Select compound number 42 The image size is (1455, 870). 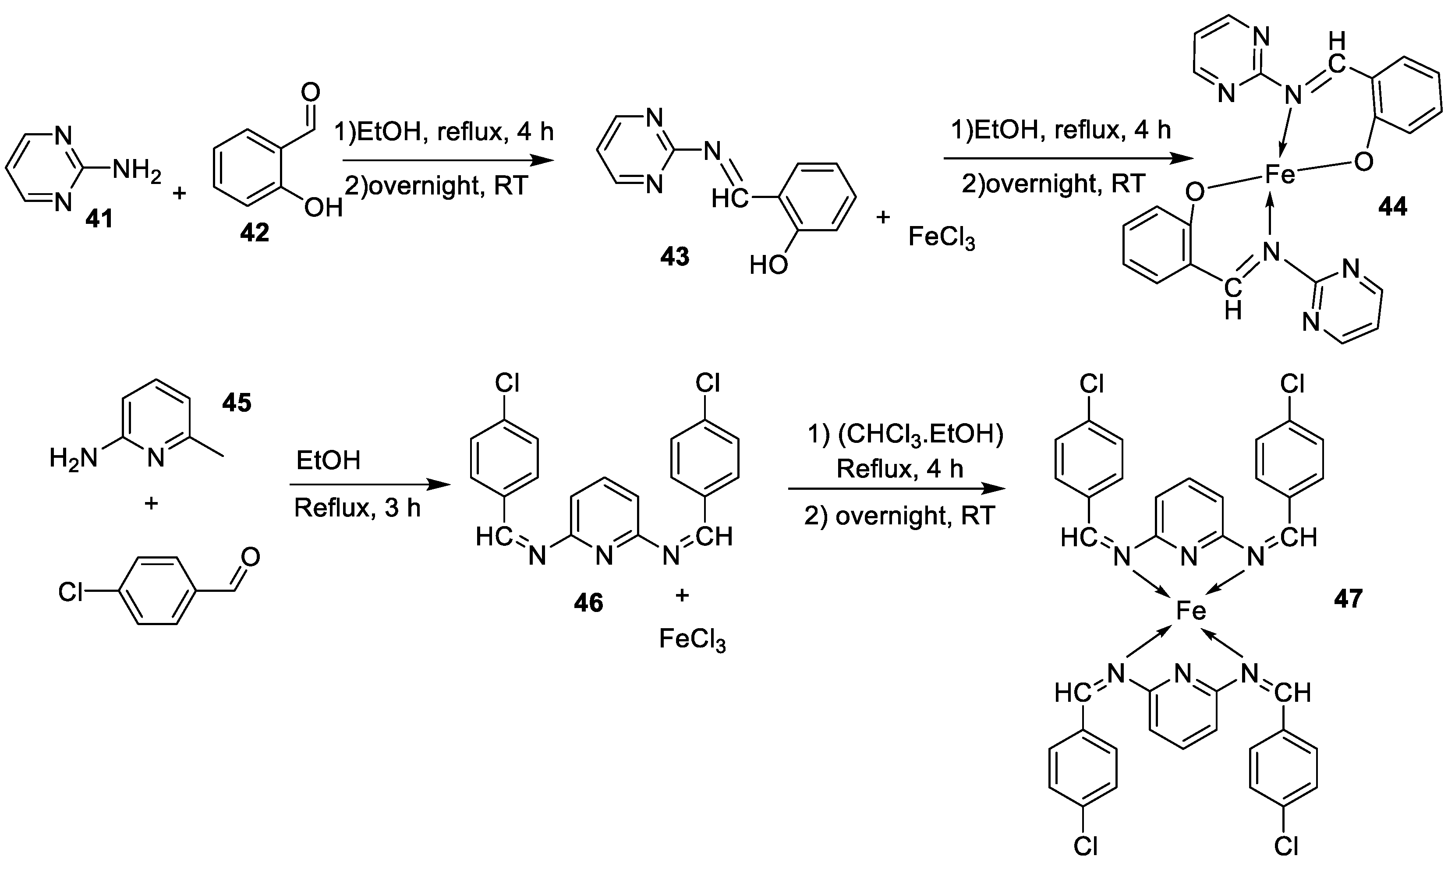pyautogui.click(x=254, y=232)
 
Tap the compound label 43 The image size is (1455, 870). pyautogui.click(x=674, y=256)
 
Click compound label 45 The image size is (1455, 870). pyautogui.click(x=236, y=403)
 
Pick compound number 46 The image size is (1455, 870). pyautogui.click(x=588, y=603)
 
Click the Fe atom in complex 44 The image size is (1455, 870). pyautogui.click(x=1279, y=174)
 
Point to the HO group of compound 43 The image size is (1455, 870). pyautogui.click(x=768, y=265)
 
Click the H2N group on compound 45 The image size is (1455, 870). pyautogui.click(x=73, y=458)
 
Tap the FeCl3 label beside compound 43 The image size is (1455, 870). pyautogui.click(x=941, y=237)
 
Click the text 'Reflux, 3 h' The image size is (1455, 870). pyautogui.click(x=357, y=508)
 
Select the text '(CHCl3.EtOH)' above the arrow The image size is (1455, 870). pyautogui.click(x=920, y=434)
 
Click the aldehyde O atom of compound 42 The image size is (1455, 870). pyautogui.click(x=310, y=92)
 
